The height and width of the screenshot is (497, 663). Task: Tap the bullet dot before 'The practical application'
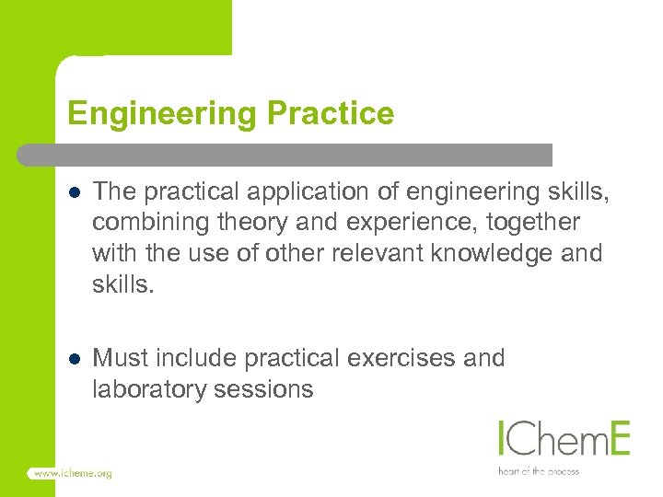(x=75, y=191)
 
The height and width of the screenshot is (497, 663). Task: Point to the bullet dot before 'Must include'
(x=75, y=357)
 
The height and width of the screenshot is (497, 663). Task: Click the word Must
(x=119, y=357)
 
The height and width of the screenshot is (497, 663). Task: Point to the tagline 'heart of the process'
(x=539, y=470)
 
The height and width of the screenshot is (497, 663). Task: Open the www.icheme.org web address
(x=72, y=473)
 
